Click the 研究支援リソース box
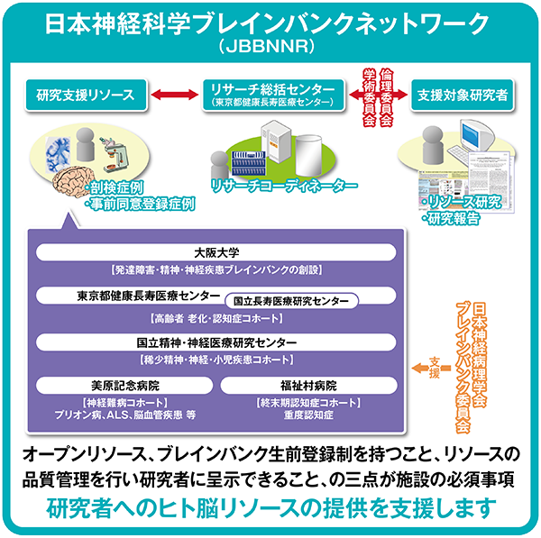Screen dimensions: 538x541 click(85, 93)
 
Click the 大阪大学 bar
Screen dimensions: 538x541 click(215, 253)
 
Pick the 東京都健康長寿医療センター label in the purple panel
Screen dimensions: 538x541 click(148, 296)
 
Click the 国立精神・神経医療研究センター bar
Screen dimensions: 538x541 click(215, 342)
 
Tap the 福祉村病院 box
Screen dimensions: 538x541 click(307, 386)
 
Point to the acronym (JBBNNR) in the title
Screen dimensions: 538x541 click(270, 43)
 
